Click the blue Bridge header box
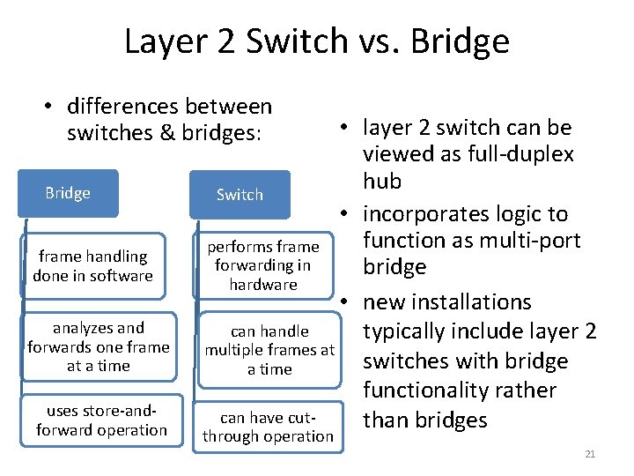[x=68, y=193]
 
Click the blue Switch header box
[x=240, y=194]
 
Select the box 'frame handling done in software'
[x=92, y=266]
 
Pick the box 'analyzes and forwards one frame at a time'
[x=98, y=346]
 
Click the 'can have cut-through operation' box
[x=268, y=427]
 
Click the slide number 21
[x=590, y=454]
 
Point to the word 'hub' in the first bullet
[x=382, y=182]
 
